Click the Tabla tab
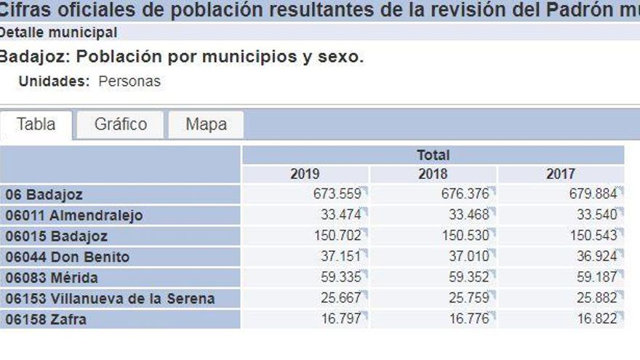pyautogui.click(x=36, y=124)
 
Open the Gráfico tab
pyautogui.click(x=121, y=124)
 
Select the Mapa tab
pyautogui.click(x=206, y=124)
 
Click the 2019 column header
pyautogui.click(x=305, y=174)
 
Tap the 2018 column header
pyautogui.click(x=433, y=174)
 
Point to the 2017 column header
pyautogui.click(x=560, y=174)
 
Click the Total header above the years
pyautogui.click(x=433, y=155)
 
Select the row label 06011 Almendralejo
pyautogui.click(x=74, y=215)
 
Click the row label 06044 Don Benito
pyautogui.click(x=68, y=257)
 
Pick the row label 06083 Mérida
pyautogui.click(x=52, y=278)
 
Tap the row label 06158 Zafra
pyautogui.click(x=46, y=319)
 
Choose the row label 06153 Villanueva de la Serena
pyautogui.click(x=110, y=298)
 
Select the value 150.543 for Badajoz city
pyautogui.click(x=592, y=236)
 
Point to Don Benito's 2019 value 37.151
pyautogui.click(x=340, y=257)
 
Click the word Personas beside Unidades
pyautogui.click(x=129, y=81)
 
